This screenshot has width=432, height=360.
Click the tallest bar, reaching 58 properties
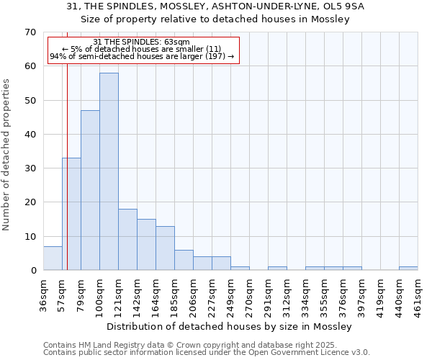tap(109, 171)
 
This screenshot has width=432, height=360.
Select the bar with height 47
tap(90, 190)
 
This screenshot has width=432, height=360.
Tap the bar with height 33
tap(71, 214)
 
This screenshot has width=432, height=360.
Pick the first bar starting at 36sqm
tap(53, 258)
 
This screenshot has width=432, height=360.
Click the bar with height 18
tap(127, 240)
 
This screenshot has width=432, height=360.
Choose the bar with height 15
tap(146, 245)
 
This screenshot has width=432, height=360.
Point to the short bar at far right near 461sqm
tap(408, 269)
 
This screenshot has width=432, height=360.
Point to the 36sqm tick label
tap(44, 294)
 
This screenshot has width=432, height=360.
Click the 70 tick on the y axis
tap(30, 32)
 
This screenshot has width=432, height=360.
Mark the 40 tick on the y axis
tap(30, 135)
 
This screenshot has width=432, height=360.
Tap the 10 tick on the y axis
tap(30, 237)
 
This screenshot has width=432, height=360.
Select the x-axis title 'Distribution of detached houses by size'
tap(230, 327)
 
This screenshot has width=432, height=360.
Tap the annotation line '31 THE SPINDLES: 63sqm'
tap(142, 42)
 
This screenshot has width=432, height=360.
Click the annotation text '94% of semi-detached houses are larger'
tap(142, 57)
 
